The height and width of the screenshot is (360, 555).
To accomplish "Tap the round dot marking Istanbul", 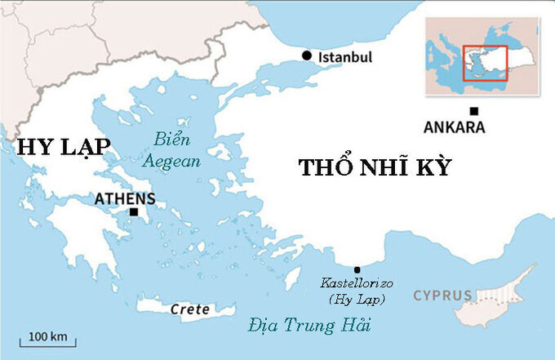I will pos(307,56).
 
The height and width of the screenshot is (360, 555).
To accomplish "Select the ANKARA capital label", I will pos(455,127).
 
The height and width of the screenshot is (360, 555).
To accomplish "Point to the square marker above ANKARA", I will pos(473,111).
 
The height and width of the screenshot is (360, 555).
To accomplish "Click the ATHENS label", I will pos(125,198).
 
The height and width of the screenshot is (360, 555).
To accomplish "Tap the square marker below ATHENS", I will pos(132,212).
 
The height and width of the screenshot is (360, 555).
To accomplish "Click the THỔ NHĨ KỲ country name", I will pos(375,168).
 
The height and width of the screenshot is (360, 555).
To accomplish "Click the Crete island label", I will pos(190,309).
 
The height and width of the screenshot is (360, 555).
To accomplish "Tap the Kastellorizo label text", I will pos(357,283).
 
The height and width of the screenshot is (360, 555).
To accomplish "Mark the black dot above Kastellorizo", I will pos(357,269).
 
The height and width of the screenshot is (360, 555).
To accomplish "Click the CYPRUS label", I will pos(442,294).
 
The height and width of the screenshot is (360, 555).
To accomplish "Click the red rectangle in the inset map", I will pos(485,63).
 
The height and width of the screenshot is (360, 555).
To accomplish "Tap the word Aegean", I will pos(171,161).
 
